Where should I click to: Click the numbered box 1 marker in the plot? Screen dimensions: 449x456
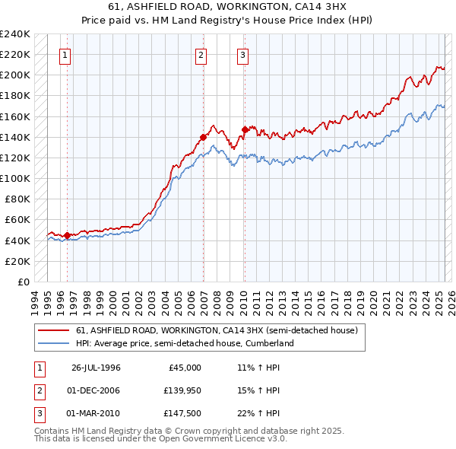[65, 55]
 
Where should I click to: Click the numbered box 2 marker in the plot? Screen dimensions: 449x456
[201, 55]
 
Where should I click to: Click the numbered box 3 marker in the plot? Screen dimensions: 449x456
[242, 55]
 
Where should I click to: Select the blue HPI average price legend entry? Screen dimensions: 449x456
[185, 343]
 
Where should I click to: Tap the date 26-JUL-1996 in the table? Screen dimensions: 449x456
[96, 368]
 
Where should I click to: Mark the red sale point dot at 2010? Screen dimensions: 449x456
[245, 129]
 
